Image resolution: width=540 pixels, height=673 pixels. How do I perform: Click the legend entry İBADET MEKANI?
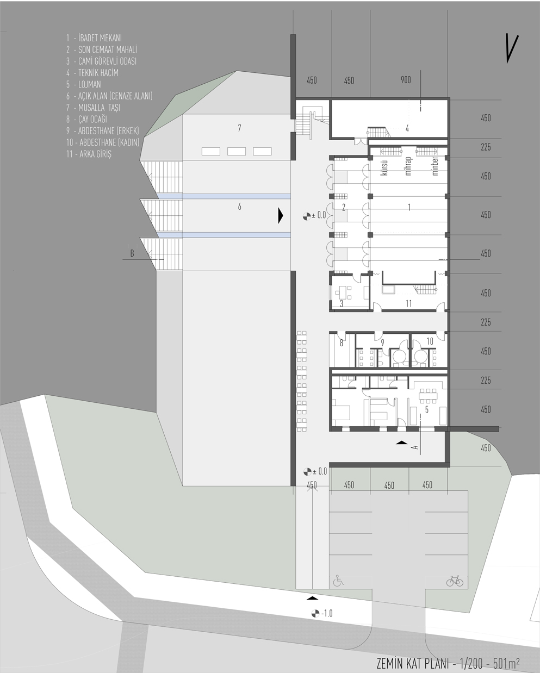click(100, 38)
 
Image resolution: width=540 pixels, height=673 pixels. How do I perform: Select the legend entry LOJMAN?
click(90, 84)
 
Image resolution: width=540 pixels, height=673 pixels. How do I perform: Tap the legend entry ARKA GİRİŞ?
click(95, 154)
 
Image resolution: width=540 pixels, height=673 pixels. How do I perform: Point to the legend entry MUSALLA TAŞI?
click(99, 108)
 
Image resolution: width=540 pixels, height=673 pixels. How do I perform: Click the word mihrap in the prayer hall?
click(408, 166)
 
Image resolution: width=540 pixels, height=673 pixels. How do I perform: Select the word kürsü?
click(384, 167)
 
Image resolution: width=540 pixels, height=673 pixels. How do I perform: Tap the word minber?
click(435, 166)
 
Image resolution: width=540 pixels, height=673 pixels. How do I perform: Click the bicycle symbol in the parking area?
click(455, 581)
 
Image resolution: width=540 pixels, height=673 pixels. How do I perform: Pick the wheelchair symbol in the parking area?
click(338, 580)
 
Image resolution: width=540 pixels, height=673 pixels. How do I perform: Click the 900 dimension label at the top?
click(406, 80)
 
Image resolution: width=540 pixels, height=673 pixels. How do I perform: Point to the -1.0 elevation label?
click(327, 613)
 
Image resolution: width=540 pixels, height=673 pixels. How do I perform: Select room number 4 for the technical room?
click(407, 128)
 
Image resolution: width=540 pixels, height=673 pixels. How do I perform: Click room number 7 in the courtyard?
click(239, 128)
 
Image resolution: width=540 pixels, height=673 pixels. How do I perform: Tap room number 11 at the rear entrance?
click(408, 303)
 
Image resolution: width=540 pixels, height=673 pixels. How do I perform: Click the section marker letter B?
click(132, 253)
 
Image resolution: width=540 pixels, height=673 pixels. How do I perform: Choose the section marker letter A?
click(415, 447)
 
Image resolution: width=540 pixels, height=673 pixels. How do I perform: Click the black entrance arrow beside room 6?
click(281, 215)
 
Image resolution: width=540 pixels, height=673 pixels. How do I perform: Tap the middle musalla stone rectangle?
click(237, 151)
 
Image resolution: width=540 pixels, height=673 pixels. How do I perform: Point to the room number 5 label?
click(427, 410)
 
